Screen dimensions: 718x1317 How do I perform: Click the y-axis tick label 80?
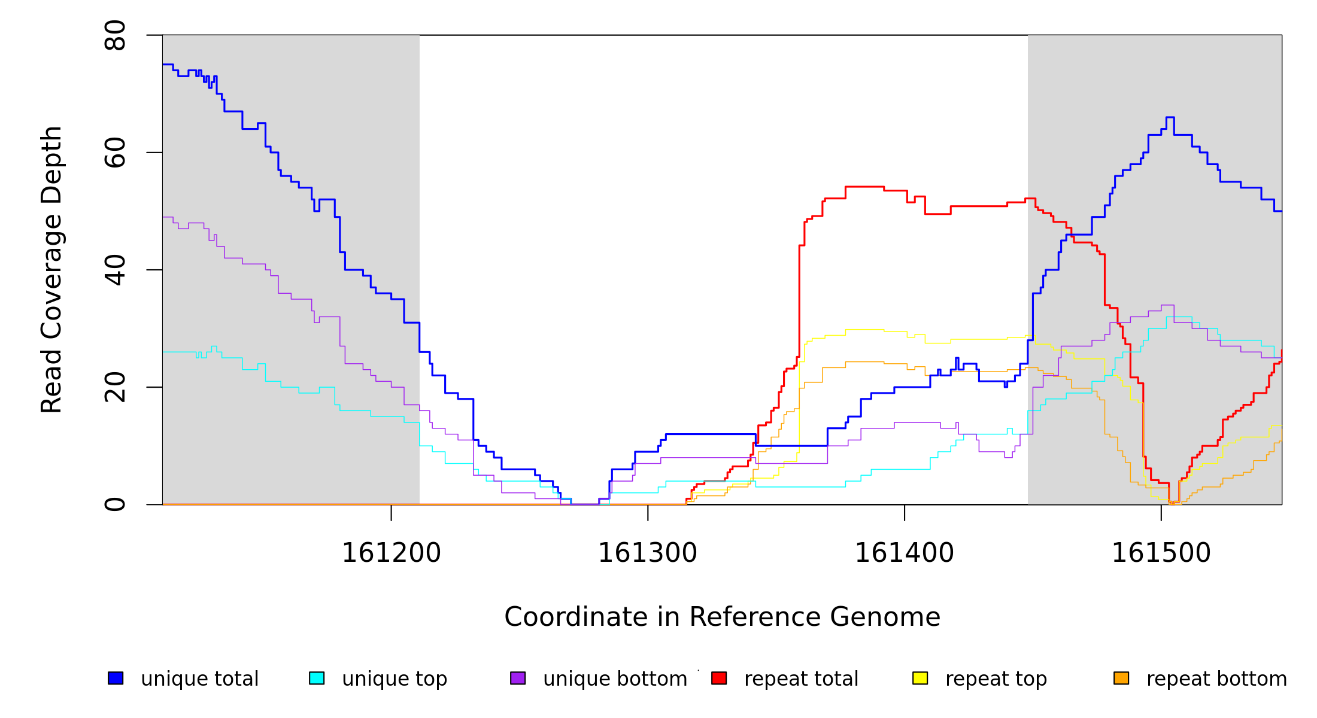pos(115,35)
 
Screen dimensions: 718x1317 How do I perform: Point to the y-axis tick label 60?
pos(115,153)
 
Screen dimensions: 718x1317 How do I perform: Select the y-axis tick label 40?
pos(115,270)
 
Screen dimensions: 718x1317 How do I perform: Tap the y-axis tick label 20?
pos(115,387)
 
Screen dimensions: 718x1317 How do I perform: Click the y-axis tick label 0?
pos(115,504)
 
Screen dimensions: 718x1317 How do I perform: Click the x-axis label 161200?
pos(391,553)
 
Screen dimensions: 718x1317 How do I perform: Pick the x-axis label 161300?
pos(648,553)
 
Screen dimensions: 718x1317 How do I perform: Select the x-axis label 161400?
pos(904,553)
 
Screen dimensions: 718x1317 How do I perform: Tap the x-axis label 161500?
pos(1161,553)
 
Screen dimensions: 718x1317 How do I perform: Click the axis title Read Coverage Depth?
pos(51,269)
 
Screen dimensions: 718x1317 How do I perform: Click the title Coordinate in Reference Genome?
pos(722,617)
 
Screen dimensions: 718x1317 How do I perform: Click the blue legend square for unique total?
pos(116,678)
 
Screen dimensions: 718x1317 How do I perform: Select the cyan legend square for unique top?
pos(317,678)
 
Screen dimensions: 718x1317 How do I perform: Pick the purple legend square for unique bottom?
pos(518,678)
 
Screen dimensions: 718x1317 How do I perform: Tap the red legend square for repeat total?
pos(719,678)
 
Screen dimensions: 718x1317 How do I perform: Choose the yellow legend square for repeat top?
pos(920,678)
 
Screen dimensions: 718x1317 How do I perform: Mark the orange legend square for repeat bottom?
pos(1121,678)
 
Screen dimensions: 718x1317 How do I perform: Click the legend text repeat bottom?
pos(1216,679)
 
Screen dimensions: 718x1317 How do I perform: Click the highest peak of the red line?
pos(864,187)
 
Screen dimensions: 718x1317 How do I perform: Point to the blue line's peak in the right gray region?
pos(1170,117)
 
